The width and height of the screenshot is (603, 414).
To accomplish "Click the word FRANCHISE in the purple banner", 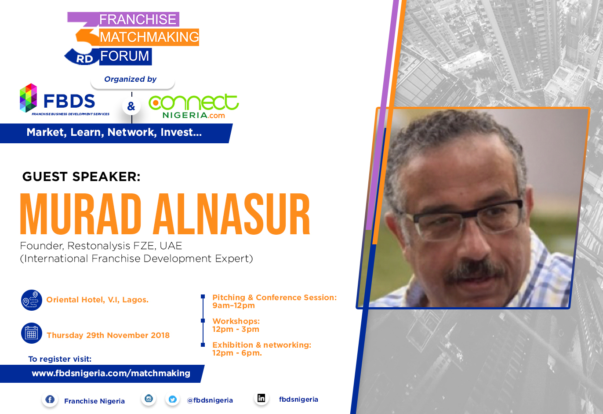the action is (x=138, y=19).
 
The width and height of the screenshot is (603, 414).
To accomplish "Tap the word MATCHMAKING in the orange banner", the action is (x=149, y=37).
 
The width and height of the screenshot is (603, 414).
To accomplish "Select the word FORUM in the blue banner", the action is (x=125, y=56).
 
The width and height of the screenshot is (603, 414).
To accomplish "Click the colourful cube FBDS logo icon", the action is (x=28, y=98).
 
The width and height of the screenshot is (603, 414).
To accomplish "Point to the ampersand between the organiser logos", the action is (x=131, y=106).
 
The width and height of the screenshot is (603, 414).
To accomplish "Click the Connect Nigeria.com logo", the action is (x=193, y=106).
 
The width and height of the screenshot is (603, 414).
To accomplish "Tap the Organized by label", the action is (x=130, y=79).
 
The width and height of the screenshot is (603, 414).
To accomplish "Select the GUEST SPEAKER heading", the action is (x=81, y=177).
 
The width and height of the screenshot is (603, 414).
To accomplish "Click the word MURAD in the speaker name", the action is (x=80, y=214).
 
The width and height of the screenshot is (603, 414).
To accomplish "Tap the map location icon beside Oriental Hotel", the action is (x=32, y=300).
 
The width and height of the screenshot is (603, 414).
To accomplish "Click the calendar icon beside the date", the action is (x=32, y=333).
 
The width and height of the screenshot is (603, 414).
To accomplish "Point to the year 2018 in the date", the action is (x=160, y=335).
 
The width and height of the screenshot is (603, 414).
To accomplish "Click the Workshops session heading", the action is (x=236, y=321).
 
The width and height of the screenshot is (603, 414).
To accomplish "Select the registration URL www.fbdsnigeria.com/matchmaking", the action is (x=111, y=374).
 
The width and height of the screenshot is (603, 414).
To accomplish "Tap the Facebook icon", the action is (x=50, y=399).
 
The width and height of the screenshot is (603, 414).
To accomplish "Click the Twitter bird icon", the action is (x=173, y=399).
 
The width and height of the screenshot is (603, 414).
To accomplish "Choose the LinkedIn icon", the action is (x=261, y=398).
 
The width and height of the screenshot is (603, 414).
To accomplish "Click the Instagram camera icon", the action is (x=149, y=398).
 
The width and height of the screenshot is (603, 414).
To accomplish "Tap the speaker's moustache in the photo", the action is (x=474, y=271).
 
